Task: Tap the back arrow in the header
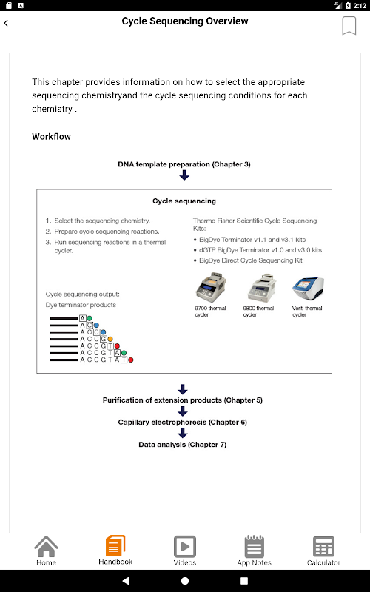[x=6, y=23]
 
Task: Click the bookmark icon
[x=349, y=26]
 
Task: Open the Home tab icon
[x=46, y=546]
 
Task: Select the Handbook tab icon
[x=115, y=545]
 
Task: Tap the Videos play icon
[x=184, y=546]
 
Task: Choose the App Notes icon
[x=254, y=546]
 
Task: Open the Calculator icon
[x=323, y=546]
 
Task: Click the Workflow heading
[x=51, y=137]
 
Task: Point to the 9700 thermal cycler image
[x=211, y=287]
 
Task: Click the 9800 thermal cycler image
[x=261, y=287]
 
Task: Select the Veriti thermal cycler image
[x=308, y=289]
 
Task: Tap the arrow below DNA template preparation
[x=184, y=175]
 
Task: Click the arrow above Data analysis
[x=183, y=433]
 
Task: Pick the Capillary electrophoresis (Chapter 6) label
[x=182, y=422]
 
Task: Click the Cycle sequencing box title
[x=184, y=201]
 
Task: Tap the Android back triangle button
[x=126, y=581]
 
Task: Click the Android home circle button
[x=185, y=581]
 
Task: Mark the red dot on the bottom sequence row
[x=131, y=360]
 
